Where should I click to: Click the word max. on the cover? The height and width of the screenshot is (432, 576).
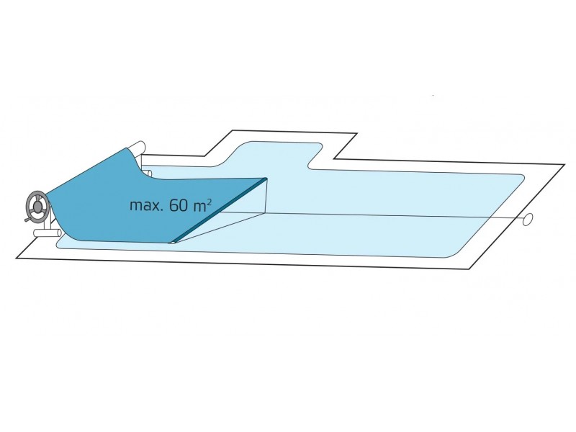click(x=146, y=205)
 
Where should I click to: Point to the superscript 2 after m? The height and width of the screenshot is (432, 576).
click(x=210, y=203)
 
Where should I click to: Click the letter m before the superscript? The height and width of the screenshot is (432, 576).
click(x=199, y=207)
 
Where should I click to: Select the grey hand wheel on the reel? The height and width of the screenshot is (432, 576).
click(x=37, y=207)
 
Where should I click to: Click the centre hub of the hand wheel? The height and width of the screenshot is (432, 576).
click(x=37, y=207)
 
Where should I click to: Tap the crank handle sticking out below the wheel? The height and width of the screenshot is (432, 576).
click(x=28, y=220)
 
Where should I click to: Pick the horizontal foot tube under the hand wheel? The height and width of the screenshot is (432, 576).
click(x=48, y=233)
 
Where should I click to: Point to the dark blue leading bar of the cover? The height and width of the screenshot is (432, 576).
click(x=220, y=210)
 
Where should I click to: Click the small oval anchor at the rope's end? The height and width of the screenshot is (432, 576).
click(x=528, y=219)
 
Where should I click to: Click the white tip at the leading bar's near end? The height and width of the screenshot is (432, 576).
click(x=171, y=242)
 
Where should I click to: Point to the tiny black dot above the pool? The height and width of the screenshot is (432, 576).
click(x=433, y=96)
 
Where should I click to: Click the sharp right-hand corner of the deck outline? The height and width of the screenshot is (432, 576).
click(x=564, y=165)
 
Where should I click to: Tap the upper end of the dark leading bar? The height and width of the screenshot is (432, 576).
click(x=266, y=179)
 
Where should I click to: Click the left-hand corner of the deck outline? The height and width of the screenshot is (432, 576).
click(x=17, y=258)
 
